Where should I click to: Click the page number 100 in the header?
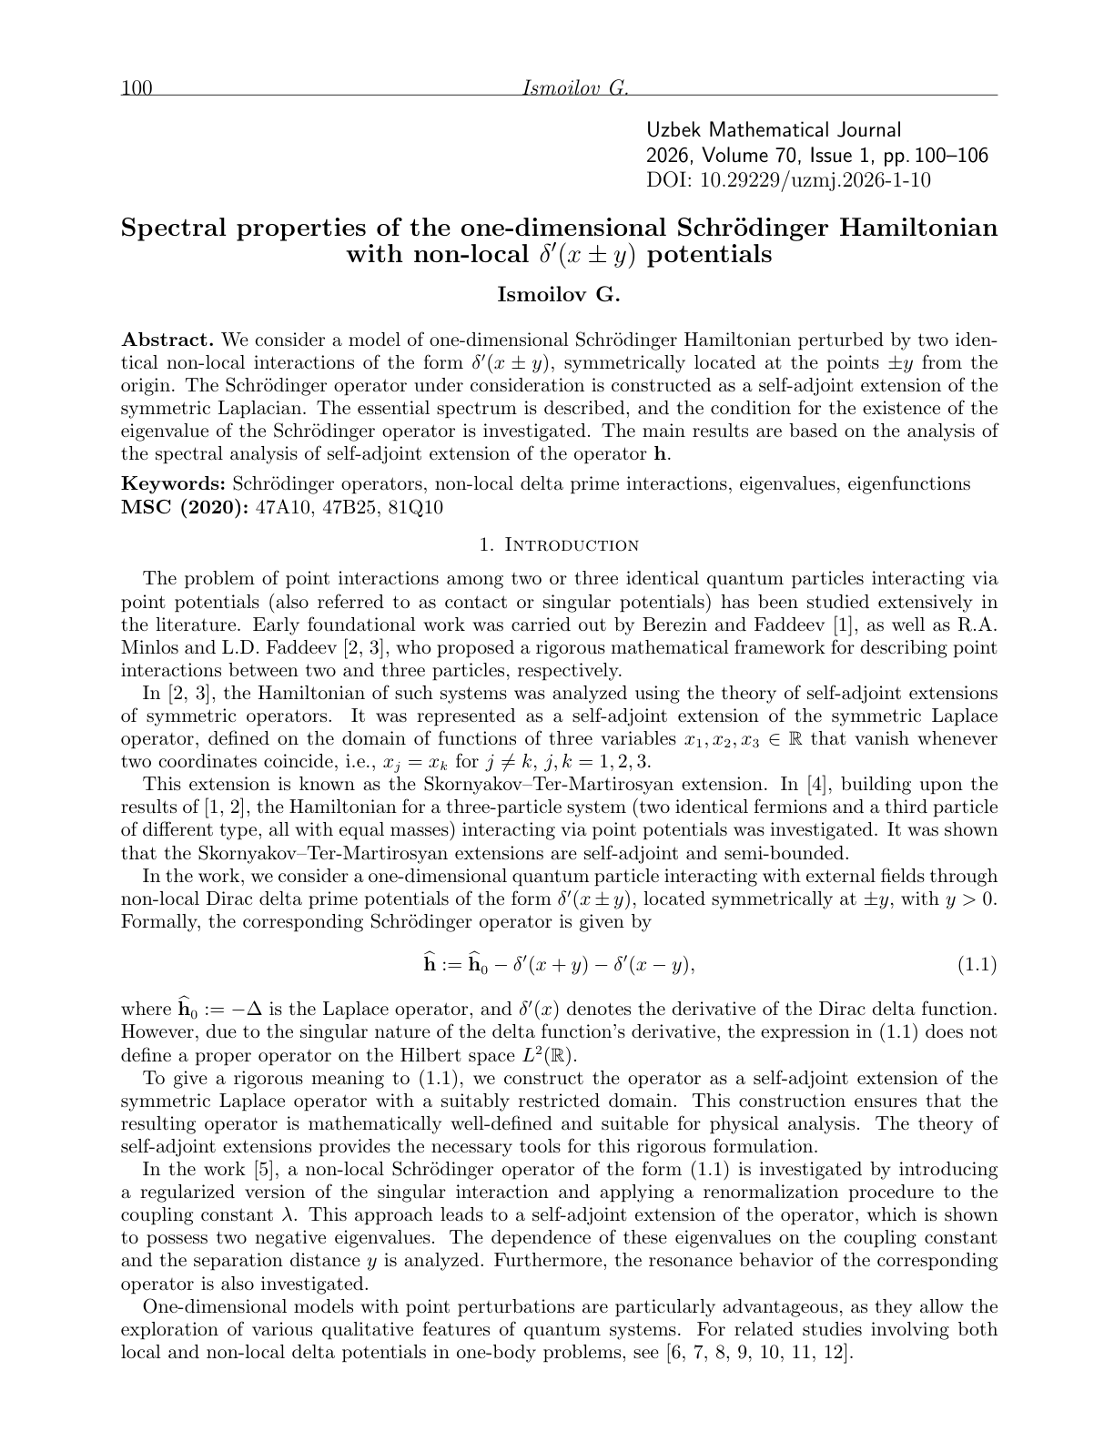pyautogui.click(x=136, y=88)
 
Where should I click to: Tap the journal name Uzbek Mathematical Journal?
pyautogui.click(x=774, y=131)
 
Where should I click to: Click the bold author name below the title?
pyautogui.click(x=558, y=294)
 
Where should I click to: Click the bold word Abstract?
pyautogui.click(x=167, y=340)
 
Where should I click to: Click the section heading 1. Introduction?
pyautogui.click(x=559, y=545)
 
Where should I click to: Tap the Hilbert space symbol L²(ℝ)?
pyautogui.click(x=548, y=1056)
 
